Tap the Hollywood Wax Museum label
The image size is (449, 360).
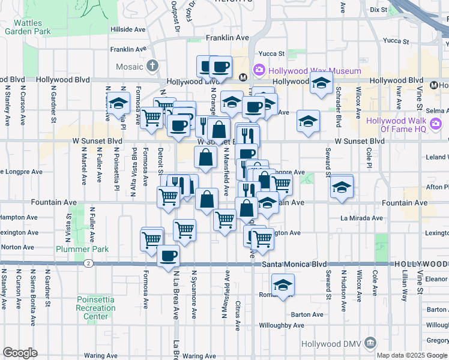pos(315,71)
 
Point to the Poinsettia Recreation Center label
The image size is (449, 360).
pos(96,308)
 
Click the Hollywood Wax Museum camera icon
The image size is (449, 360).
pos(259,70)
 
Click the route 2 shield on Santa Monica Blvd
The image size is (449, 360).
pos(88,263)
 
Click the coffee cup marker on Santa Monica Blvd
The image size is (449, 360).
pos(168,257)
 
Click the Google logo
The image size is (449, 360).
pos(20,353)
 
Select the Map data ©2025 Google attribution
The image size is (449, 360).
pos(412,355)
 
